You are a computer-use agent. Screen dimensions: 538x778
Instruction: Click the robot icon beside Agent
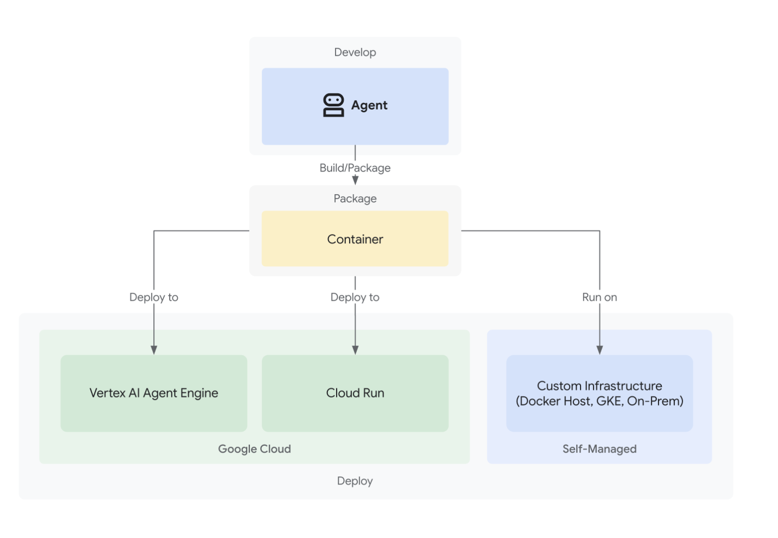(333, 105)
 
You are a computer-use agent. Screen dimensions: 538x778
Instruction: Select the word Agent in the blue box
(369, 105)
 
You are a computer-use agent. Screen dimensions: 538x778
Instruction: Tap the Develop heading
(355, 52)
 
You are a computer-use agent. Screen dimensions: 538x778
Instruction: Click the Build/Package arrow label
(355, 168)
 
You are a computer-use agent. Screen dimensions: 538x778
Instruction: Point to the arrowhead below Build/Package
(355, 180)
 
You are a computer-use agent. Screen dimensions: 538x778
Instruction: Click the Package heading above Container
(355, 199)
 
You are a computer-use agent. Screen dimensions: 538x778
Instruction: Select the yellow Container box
(355, 239)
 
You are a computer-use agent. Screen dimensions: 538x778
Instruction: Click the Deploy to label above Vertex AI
(154, 297)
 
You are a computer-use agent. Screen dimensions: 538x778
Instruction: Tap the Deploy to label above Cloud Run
(355, 297)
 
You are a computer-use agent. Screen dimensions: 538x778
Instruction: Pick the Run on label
(600, 297)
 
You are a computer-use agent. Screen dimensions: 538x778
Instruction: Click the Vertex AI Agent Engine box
(154, 393)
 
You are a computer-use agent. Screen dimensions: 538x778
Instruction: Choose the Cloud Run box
(355, 393)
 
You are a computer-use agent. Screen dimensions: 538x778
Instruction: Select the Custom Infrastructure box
(600, 393)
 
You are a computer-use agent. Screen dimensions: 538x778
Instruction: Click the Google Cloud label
(254, 449)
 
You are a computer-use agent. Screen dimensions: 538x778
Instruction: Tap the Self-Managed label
(600, 449)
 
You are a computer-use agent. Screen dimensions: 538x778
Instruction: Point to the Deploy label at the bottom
(355, 481)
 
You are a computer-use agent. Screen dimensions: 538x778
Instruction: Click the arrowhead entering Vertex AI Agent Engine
(154, 350)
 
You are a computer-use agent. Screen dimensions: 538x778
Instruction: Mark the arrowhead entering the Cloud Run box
(355, 350)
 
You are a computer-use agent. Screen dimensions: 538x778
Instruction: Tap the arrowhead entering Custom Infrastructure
(600, 350)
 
